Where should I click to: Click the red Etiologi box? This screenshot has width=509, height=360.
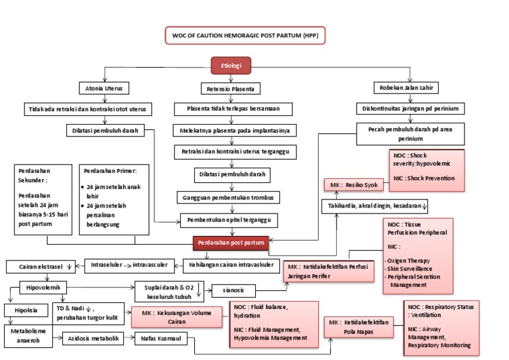231,66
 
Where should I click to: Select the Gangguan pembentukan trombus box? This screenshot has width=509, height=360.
229,198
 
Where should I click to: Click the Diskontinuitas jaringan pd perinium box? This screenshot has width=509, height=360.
410,108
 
